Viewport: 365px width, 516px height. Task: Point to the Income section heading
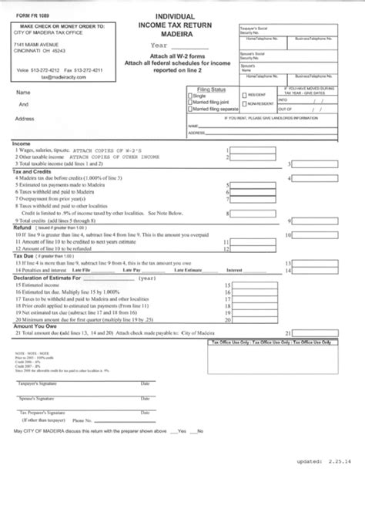tap(22, 143)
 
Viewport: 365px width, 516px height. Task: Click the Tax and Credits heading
tap(29, 172)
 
